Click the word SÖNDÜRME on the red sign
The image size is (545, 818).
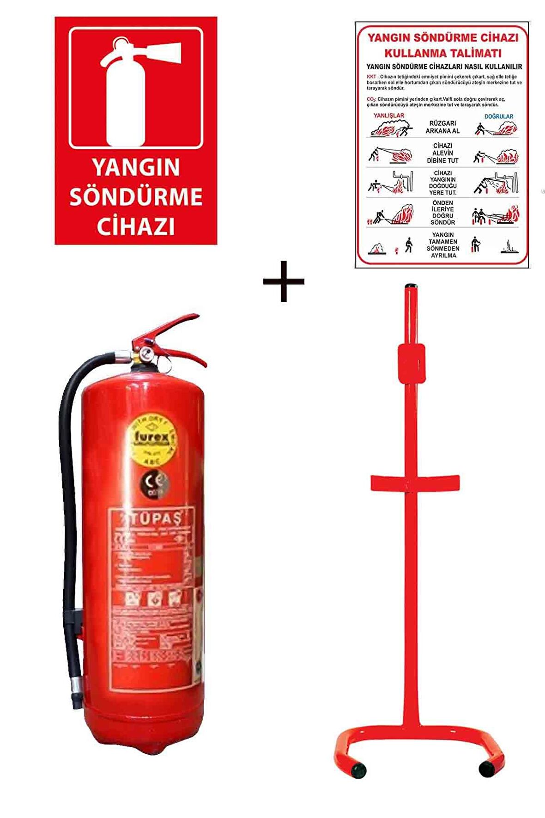[x=136, y=197]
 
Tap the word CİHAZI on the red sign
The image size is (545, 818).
[x=136, y=226]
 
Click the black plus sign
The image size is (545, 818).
[x=284, y=281]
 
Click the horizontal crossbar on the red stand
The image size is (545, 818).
[x=415, y=483]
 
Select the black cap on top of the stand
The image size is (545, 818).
[x=411, y=287]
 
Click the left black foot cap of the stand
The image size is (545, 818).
[x=358, y=770]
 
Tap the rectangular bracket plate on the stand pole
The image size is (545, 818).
[x=412, y=363]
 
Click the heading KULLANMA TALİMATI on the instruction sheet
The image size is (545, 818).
[x=442, y=53]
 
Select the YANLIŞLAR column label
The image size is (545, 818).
[x=389, y=116]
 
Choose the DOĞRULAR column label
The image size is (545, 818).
[x=499, y=116]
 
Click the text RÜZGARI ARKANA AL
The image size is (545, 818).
[x=442, y=127]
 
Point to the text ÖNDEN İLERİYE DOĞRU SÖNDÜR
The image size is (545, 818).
[x=442, y=213]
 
